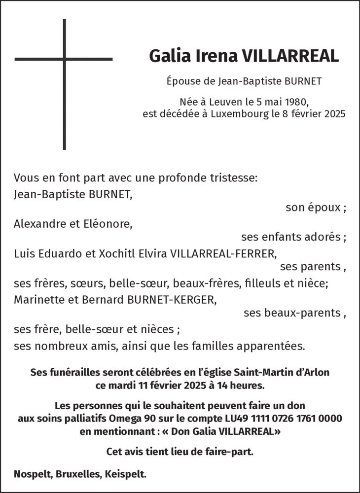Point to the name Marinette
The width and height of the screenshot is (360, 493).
point(37,299)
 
